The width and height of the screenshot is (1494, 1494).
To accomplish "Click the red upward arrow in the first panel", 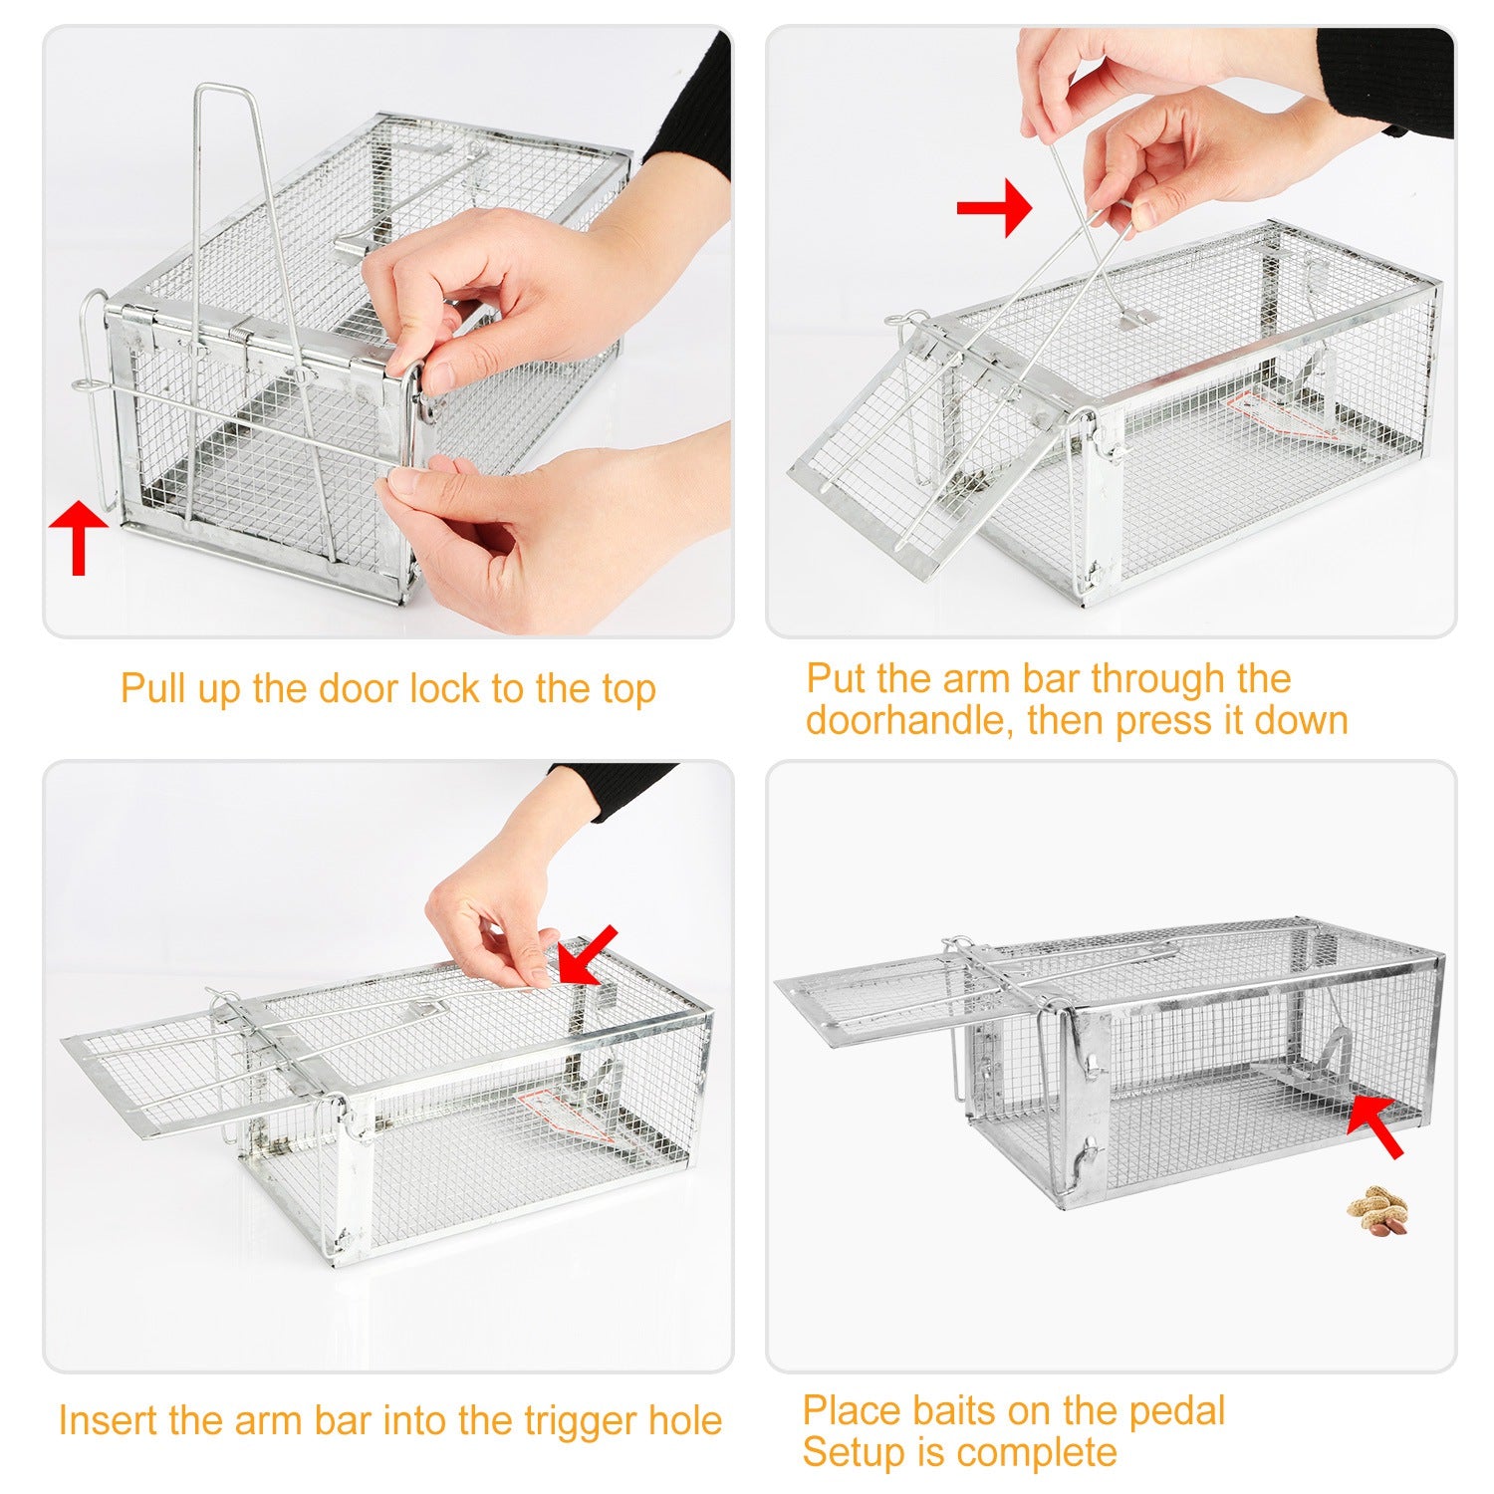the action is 78,539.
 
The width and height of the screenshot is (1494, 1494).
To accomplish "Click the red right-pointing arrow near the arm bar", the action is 993,207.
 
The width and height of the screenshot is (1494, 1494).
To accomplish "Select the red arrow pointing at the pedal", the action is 1375,1125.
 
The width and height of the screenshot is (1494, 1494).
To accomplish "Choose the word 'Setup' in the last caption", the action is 848,1453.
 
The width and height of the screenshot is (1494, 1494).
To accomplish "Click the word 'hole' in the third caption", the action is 685,1420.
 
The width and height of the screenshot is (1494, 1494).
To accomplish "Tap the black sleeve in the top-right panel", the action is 1386,80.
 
